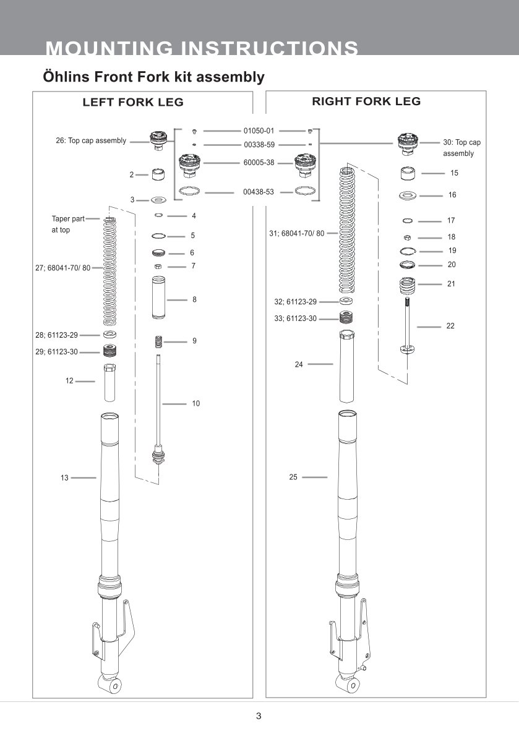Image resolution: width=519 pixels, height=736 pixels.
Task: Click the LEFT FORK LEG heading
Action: click(x=133, y=103)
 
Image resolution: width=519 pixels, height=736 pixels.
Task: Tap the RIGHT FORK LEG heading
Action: click(x=366, y=101)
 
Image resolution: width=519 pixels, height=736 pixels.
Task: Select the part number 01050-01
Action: click(x=259, y=131)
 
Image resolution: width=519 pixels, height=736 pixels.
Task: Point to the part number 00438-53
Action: click(x=259, y=192)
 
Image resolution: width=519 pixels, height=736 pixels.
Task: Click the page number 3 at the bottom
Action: click(x=259, y=716)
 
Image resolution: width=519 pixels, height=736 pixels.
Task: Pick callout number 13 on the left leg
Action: click(x=64, y=478)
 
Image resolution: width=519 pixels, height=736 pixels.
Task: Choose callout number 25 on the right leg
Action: click(x=293, y=477)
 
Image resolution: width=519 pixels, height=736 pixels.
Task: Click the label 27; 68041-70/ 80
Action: click(x=63, y=268)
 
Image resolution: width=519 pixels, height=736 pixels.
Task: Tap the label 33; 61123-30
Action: click(x=295, y=319)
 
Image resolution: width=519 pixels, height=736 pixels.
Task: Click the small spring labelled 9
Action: click(x=159, y=341)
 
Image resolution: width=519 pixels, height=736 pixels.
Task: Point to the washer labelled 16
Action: click(x=408, y=196)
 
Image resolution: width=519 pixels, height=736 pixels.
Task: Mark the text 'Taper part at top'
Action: click(x=67, y=224)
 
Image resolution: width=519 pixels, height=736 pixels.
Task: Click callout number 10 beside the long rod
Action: click(x=196, y=403)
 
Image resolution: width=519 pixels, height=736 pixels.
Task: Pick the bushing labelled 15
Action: click(x=407, y=173)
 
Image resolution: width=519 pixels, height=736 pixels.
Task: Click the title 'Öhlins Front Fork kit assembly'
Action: click(x=153, y=77)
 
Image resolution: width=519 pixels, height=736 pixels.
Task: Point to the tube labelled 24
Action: click(x=346, y=366)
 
